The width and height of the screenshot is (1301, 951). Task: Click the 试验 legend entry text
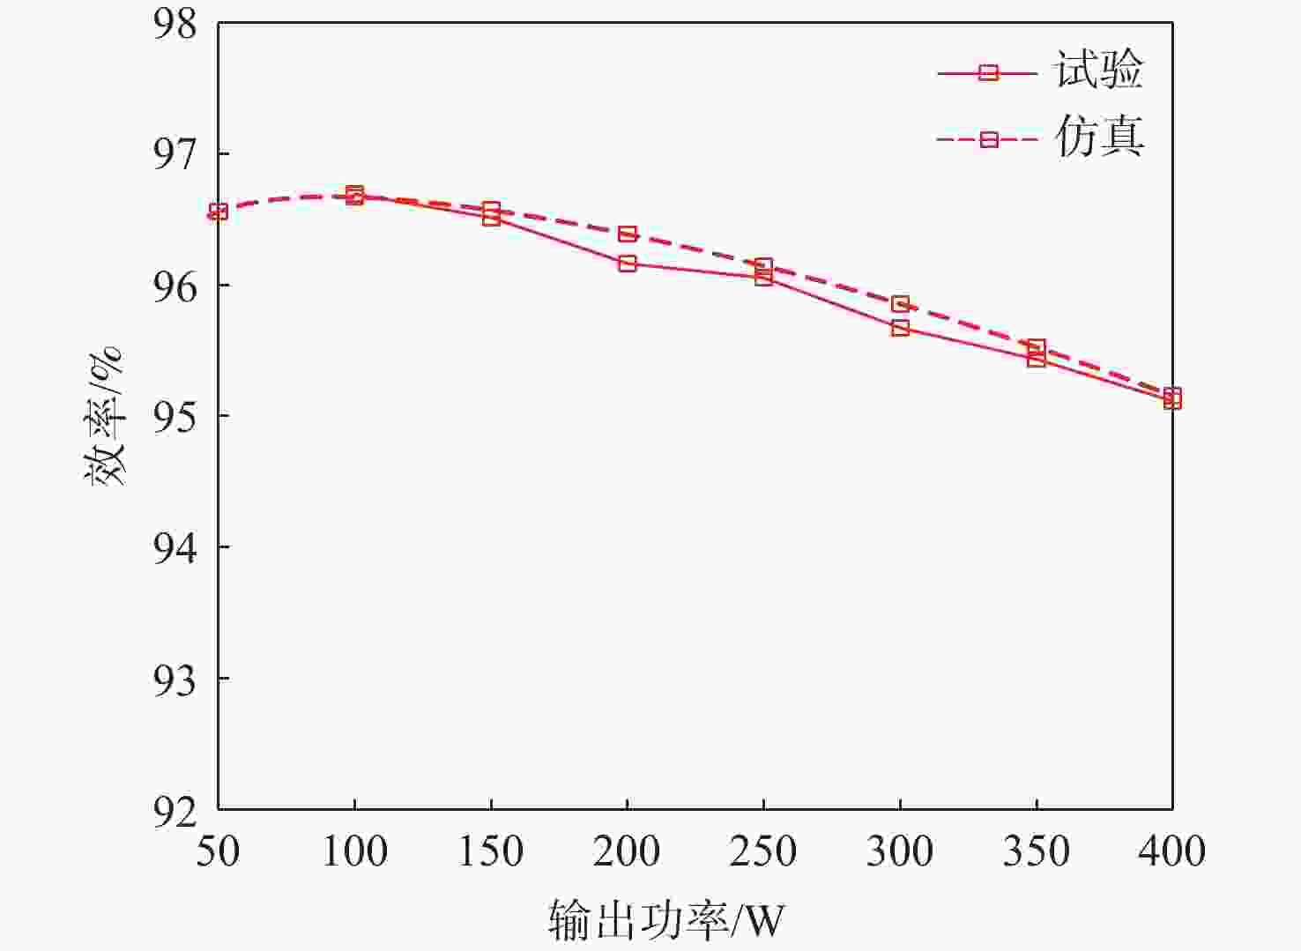click(x=1098, y=70)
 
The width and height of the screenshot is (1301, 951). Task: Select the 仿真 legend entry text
click(x=1098, y=137)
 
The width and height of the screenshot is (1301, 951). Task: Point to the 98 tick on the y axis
click(x=175, y=24)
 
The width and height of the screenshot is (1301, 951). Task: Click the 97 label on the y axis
click(x=175, y=154)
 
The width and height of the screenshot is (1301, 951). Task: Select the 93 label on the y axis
click(x=175, y=680)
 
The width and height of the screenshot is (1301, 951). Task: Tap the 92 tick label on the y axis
click(x=175, y=810)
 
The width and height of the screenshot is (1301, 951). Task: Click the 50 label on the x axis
click(x=218, y=851)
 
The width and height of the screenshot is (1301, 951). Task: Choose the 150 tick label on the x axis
click(x=490, y=851)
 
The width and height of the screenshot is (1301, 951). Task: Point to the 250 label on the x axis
click(x=763, y=851)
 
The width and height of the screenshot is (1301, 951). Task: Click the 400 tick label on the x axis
click(x=1171, y=851)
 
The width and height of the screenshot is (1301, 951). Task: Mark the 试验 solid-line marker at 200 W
click(x=628, y=264)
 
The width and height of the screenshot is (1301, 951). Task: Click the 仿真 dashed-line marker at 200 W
click(x=628, y=234)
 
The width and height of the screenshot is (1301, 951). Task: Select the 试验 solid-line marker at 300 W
click(x=900, y=328)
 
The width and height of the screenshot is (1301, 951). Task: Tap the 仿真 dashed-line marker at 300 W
click(x=900, y=304)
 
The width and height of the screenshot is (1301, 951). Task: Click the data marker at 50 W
click(x=219, y=212)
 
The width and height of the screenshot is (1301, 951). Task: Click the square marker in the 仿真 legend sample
click(x=989, y=139)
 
